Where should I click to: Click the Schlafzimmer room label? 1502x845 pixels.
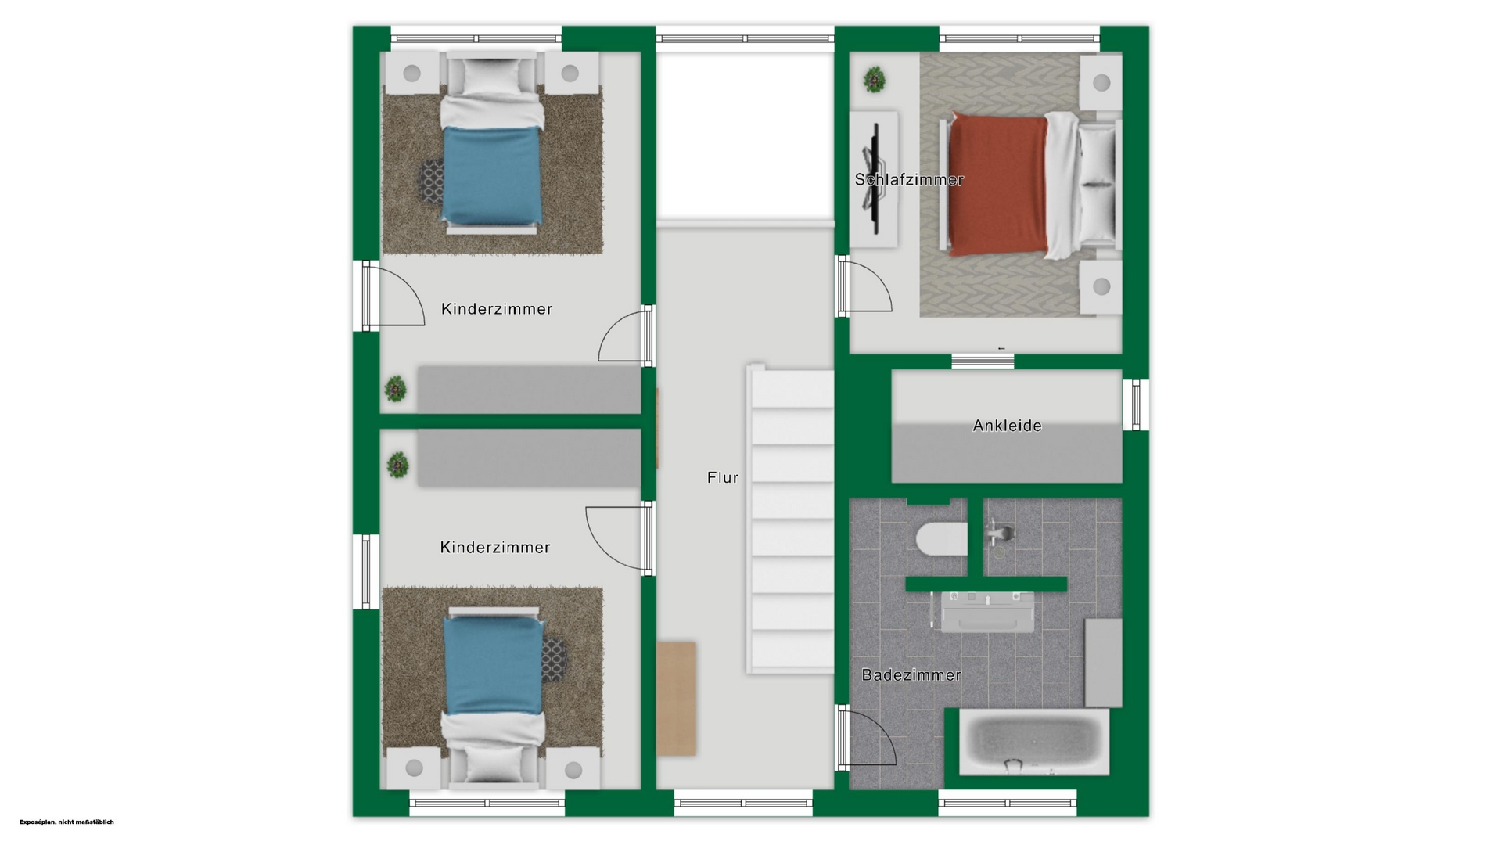[x=909, y=180]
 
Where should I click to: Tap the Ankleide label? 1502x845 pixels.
[x=1007, y=426]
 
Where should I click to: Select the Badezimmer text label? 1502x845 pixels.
[x=911, y=675]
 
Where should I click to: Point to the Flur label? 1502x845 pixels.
[x=723, y=477]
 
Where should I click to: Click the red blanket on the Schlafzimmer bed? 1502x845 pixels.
[x=997, y=186]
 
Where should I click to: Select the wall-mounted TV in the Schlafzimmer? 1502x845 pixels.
[x=874, y=179]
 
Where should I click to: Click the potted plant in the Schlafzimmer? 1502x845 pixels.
[x=875, y=79]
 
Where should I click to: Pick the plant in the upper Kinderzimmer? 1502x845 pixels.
[x=396, y=389]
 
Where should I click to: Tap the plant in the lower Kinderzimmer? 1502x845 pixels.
[x=398, y=466]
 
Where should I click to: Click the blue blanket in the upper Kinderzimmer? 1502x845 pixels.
[x=493, y=174]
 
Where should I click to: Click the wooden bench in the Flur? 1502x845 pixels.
[x=676, y=699]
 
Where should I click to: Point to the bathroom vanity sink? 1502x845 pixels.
[x=987, y=612]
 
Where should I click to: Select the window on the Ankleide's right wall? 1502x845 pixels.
[x=1136, y=405]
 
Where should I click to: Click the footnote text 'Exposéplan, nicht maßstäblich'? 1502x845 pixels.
[x=66, y=822]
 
